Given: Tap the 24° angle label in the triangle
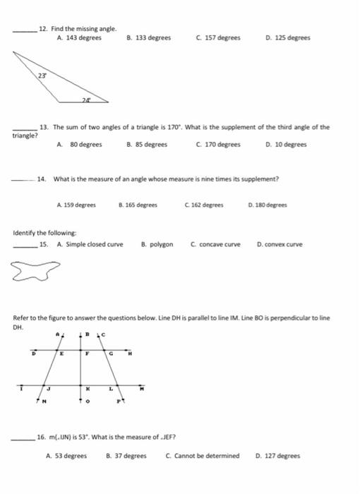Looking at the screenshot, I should [86, 100].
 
